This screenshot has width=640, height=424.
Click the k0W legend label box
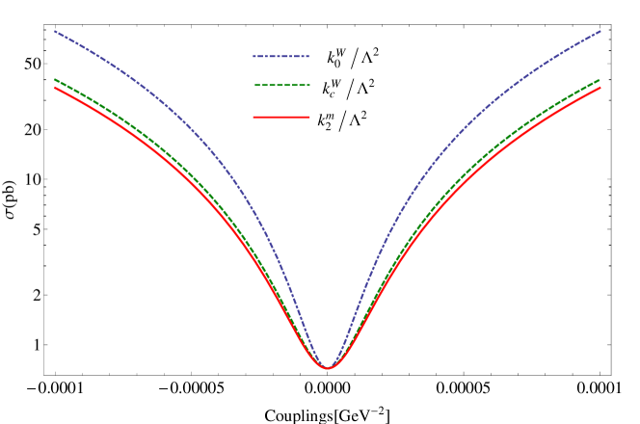pos(334,58)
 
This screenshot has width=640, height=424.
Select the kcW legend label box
pos(331,89)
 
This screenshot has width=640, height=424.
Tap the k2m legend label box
pos(325,120)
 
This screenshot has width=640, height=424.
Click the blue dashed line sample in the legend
pos(280,56)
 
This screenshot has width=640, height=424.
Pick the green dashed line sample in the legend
pos(280,86)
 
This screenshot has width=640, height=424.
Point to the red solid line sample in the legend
pos(280,118)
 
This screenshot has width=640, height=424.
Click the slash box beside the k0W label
pos(355,59)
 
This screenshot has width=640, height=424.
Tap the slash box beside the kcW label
pos(350,90)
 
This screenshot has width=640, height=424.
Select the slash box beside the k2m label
pos(342,121)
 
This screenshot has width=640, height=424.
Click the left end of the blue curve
pos(54,31)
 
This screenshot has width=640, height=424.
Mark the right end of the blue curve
pos(600,31)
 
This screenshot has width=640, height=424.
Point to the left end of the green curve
pos(54,79)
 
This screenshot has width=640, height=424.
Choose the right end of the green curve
pos(600,80)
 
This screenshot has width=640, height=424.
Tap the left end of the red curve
pos(54,88)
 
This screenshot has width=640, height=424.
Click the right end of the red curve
pos(600,88)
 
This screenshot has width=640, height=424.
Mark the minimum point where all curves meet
pos(328,367)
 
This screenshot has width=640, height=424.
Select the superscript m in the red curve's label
pos(331,115)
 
